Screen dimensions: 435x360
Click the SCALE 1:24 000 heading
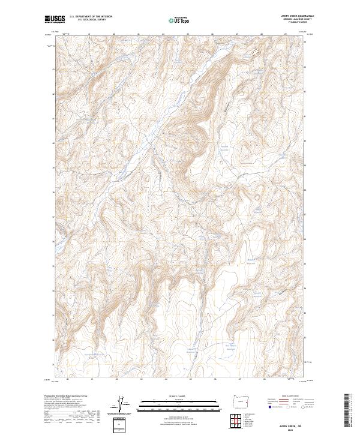(179, 395)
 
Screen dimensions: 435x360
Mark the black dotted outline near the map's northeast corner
(257, 53)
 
